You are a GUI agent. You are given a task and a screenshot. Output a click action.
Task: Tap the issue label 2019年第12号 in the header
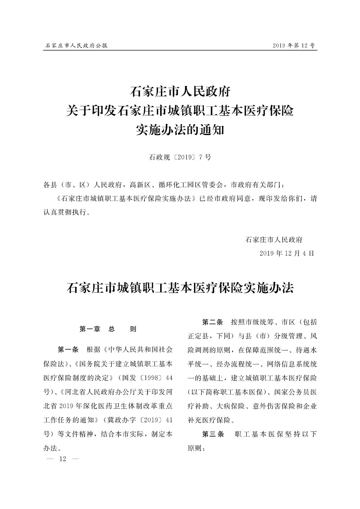pyautogui.click(x=294, y=46)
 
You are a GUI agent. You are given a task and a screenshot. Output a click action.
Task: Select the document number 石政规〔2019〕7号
pyautogui.click(x=180, y=157)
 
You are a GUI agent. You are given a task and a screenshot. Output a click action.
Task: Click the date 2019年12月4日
pyautogui.click(x=287, y=253)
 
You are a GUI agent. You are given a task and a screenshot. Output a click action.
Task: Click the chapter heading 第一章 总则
pyautogui.click(x=108, y=329)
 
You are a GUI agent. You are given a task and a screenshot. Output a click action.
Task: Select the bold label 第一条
pyautogui.click(x=68, y=350)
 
